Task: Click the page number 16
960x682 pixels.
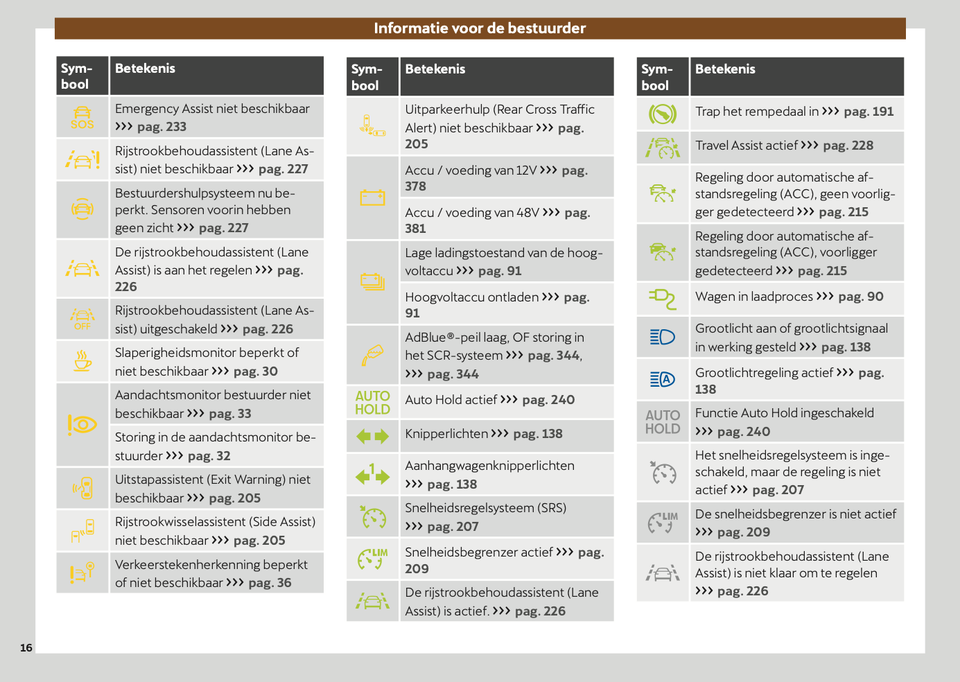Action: (26, 648)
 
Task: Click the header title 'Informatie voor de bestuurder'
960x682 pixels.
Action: (480, 28)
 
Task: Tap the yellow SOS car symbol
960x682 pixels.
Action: (82, 117)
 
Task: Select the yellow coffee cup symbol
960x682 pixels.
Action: (82, 361)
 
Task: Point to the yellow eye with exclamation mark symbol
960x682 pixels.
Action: (82, 424)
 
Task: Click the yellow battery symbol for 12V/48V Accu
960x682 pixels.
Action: (372, 198)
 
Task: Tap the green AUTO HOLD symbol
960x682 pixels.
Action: (372, 402)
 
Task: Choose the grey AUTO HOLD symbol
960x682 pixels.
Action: (662, 421)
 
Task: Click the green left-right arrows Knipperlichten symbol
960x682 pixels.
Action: (372, 436)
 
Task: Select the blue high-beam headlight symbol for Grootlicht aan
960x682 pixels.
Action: (662, 337)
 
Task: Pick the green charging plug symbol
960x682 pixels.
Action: (662, 299)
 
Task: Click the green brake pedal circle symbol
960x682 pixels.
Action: (662, 113)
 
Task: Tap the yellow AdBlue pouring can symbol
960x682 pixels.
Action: (372, 355)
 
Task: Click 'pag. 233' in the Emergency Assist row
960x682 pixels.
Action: (162, 127)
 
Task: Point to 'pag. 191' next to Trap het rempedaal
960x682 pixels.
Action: (869, 112)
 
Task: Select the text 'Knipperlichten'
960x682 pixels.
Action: (446, 434)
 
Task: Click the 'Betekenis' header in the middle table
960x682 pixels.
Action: (435, 69)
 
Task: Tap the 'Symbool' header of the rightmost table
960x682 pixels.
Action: (656, 77)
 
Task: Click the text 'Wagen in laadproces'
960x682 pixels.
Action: (753, 297)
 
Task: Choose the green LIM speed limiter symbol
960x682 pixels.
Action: (372, 559)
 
